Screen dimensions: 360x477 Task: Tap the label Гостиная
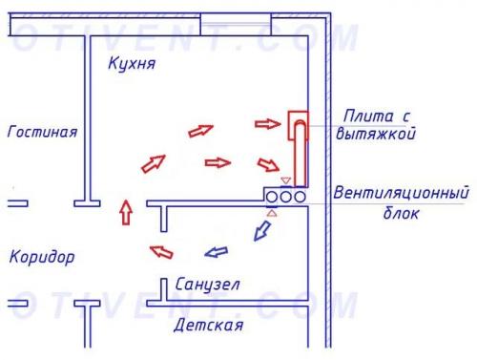click(x=41, y=132)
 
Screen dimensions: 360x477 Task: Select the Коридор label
click(x=42, y=257)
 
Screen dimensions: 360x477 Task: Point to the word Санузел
click(x=207, y=286)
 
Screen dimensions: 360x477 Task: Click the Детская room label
click(x=208, y=326)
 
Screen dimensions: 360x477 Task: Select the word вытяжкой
click(x=376, y=135)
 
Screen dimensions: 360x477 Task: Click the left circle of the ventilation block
click(x=272, y=195)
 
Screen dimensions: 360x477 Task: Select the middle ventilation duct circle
click(x=285, y=195)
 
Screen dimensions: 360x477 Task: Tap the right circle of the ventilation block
click(x=299, y=195)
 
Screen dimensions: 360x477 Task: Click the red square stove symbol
click(x=299, y=122)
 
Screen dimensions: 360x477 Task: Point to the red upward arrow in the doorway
click(x=124, y=211)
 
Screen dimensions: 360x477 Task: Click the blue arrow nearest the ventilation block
click(x=257, y=230)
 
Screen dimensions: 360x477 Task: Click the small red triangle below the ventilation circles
click(x=272, y=212)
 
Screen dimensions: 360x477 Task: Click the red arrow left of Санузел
click(x=158, y=251)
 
